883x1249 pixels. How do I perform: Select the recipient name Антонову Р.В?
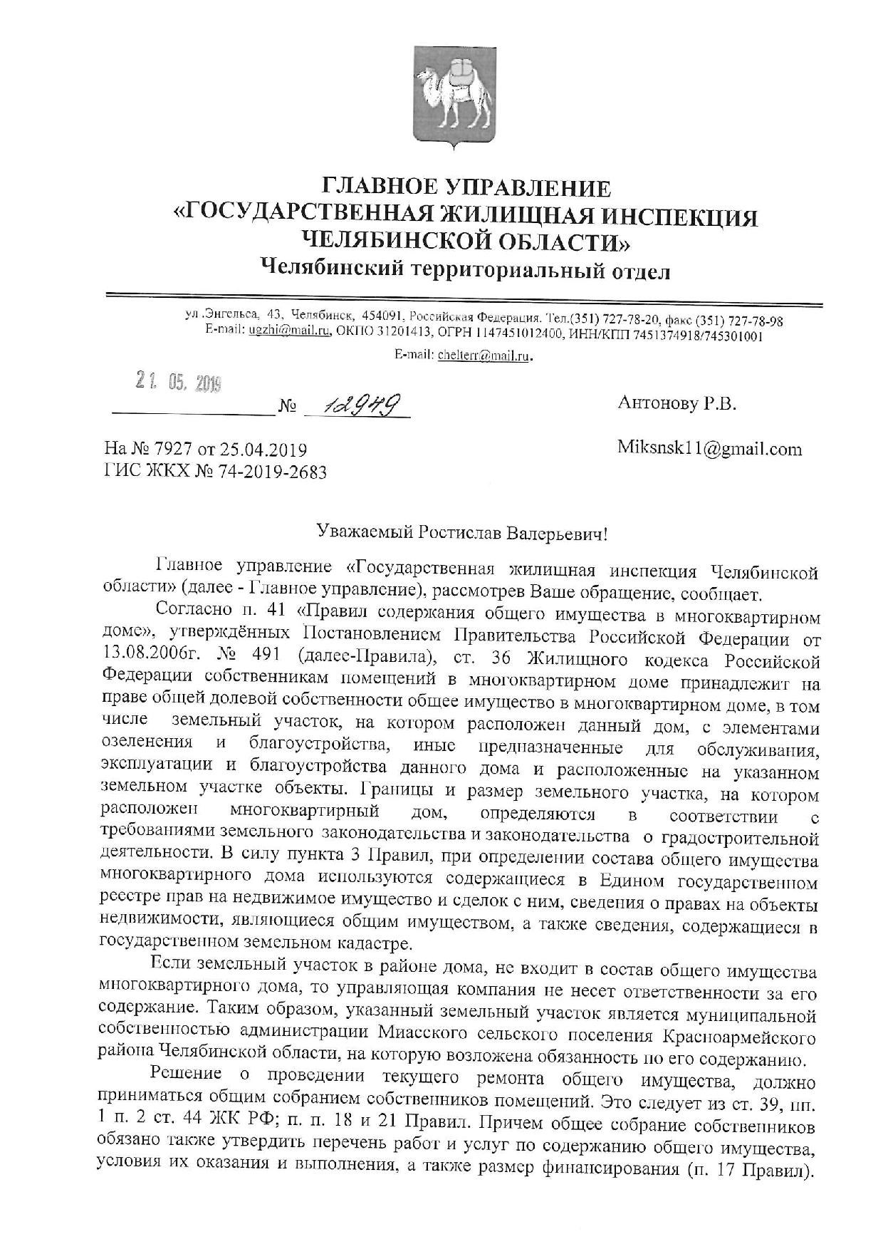(x=676, y=404)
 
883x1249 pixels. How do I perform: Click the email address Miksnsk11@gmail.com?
(x=709, y=449)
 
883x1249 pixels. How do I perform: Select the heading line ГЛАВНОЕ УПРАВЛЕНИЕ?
(x=467, y=188)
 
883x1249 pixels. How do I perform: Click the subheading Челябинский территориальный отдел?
(x=466, y=269)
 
